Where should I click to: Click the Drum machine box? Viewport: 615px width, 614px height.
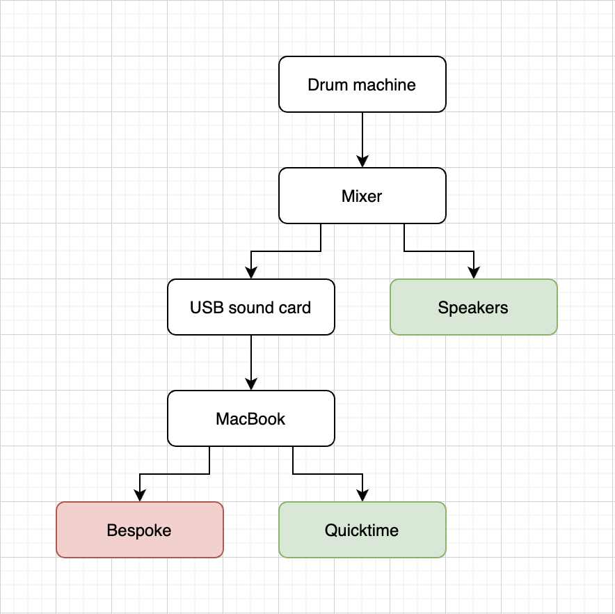click(362, 84)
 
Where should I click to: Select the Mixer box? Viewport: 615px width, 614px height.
click(362, 196)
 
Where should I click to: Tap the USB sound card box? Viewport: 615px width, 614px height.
click(250, 307)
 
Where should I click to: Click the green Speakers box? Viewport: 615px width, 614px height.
click(473, 307)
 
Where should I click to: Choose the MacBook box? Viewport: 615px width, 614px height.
click(250, 418)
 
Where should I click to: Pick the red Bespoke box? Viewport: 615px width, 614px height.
click(139, 530)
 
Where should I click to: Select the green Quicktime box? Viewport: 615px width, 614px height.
click(362, 530)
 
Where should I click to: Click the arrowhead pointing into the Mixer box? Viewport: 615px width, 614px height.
click(362, 162)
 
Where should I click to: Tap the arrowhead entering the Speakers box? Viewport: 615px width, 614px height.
click(474, 273)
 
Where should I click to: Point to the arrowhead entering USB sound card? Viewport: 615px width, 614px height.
click(251, 273)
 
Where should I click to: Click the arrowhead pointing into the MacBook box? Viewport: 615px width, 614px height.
click(251, 384)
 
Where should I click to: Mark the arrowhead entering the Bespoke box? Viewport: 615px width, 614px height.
click(140, 496)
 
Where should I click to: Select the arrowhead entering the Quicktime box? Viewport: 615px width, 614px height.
click(362, 496)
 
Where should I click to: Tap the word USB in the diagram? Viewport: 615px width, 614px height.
click(205, 308)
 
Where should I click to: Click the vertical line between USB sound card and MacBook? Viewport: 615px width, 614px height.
click(251, 359)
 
